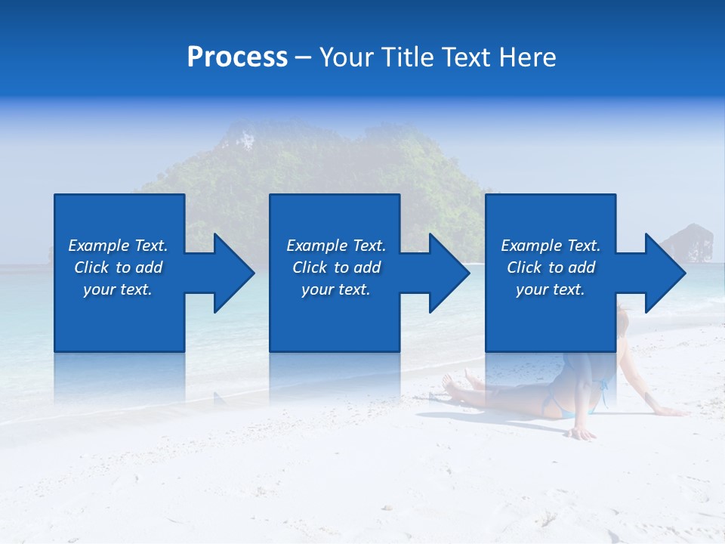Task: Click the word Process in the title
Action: tap(237, 57)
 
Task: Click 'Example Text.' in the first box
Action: tap(118, 246)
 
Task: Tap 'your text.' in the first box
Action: tap(118, 289)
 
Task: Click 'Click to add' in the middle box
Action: tap(336, 267)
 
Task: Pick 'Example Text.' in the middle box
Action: tap(336, 246)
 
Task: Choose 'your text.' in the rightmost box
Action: tap(550, 289)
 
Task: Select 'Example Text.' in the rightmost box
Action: tap(551, 246)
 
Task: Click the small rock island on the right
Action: tap(688, 242)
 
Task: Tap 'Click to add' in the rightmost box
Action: tap(551, 267)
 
